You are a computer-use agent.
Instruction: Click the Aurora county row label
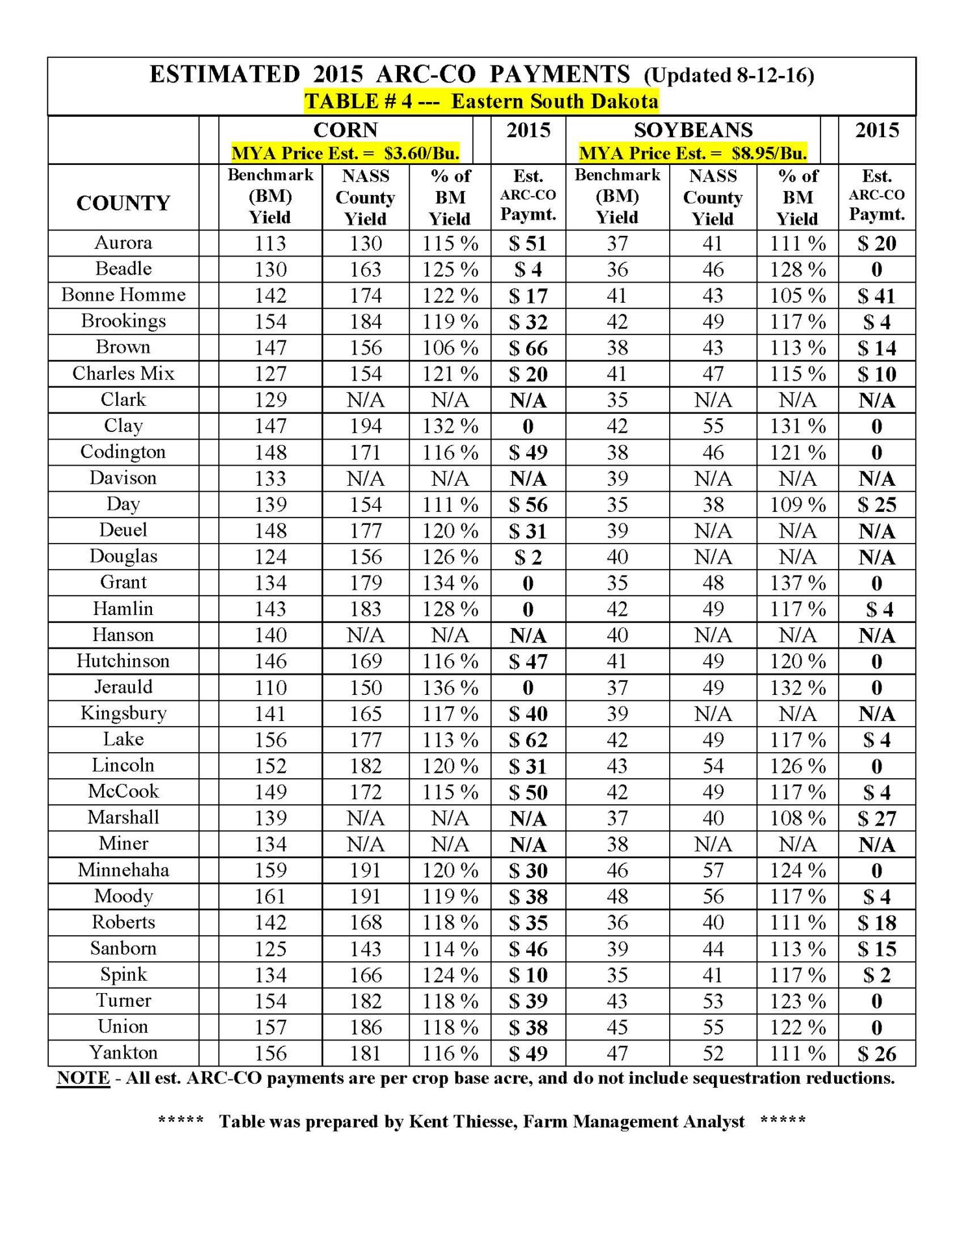[x=123, y=243]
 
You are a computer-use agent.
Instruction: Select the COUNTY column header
[x=123, y=203]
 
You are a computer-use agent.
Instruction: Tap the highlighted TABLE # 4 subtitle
[x=481, y=102]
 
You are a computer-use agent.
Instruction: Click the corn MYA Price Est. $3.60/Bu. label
[x=345, y=153]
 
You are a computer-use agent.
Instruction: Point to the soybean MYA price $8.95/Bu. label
[x=692, y=153]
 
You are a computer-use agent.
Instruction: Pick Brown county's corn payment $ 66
[x=528, y=348]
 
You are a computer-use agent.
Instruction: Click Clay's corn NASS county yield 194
[x=366, y=427]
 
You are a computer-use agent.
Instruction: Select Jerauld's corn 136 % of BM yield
[x=450, y=688]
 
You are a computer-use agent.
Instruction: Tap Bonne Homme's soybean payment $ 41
[x=876, y=296]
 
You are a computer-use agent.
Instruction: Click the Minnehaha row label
[x=123, y=870]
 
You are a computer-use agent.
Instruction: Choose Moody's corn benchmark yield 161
[x=270, y=897]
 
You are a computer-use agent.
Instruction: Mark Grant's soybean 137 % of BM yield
[x=798, y=583]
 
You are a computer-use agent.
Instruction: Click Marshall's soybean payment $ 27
[x=876, y=818]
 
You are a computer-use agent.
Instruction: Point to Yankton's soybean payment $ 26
[x=876, y=1053]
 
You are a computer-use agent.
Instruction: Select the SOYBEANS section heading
[x=693, y=131]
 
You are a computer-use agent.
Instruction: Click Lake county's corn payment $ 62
[x=528, y=740]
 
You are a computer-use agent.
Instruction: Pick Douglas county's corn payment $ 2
[x=528, y=557]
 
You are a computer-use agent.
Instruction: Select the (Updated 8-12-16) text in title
[x=729, y=76]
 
